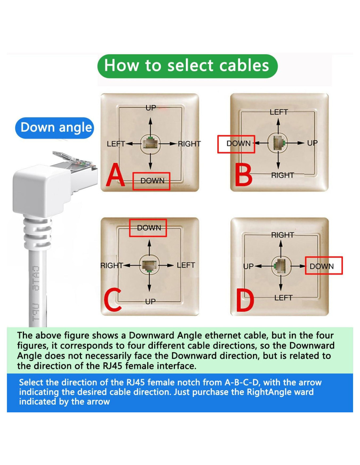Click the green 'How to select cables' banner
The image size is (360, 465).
(x=187, y=66)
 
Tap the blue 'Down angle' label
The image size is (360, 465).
(x=54, y=128)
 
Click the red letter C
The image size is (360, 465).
(x=113, y=299)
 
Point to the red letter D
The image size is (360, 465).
(x=245, y=301)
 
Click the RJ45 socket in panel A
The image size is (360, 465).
(x=150, y=144)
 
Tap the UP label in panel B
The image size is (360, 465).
(x=312, y=143)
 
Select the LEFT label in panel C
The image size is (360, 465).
(x=186, y=265)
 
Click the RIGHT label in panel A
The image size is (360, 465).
(x=189, y=144)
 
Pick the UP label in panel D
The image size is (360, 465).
(x=248, y=267)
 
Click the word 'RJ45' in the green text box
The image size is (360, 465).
(x=113, y=366)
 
